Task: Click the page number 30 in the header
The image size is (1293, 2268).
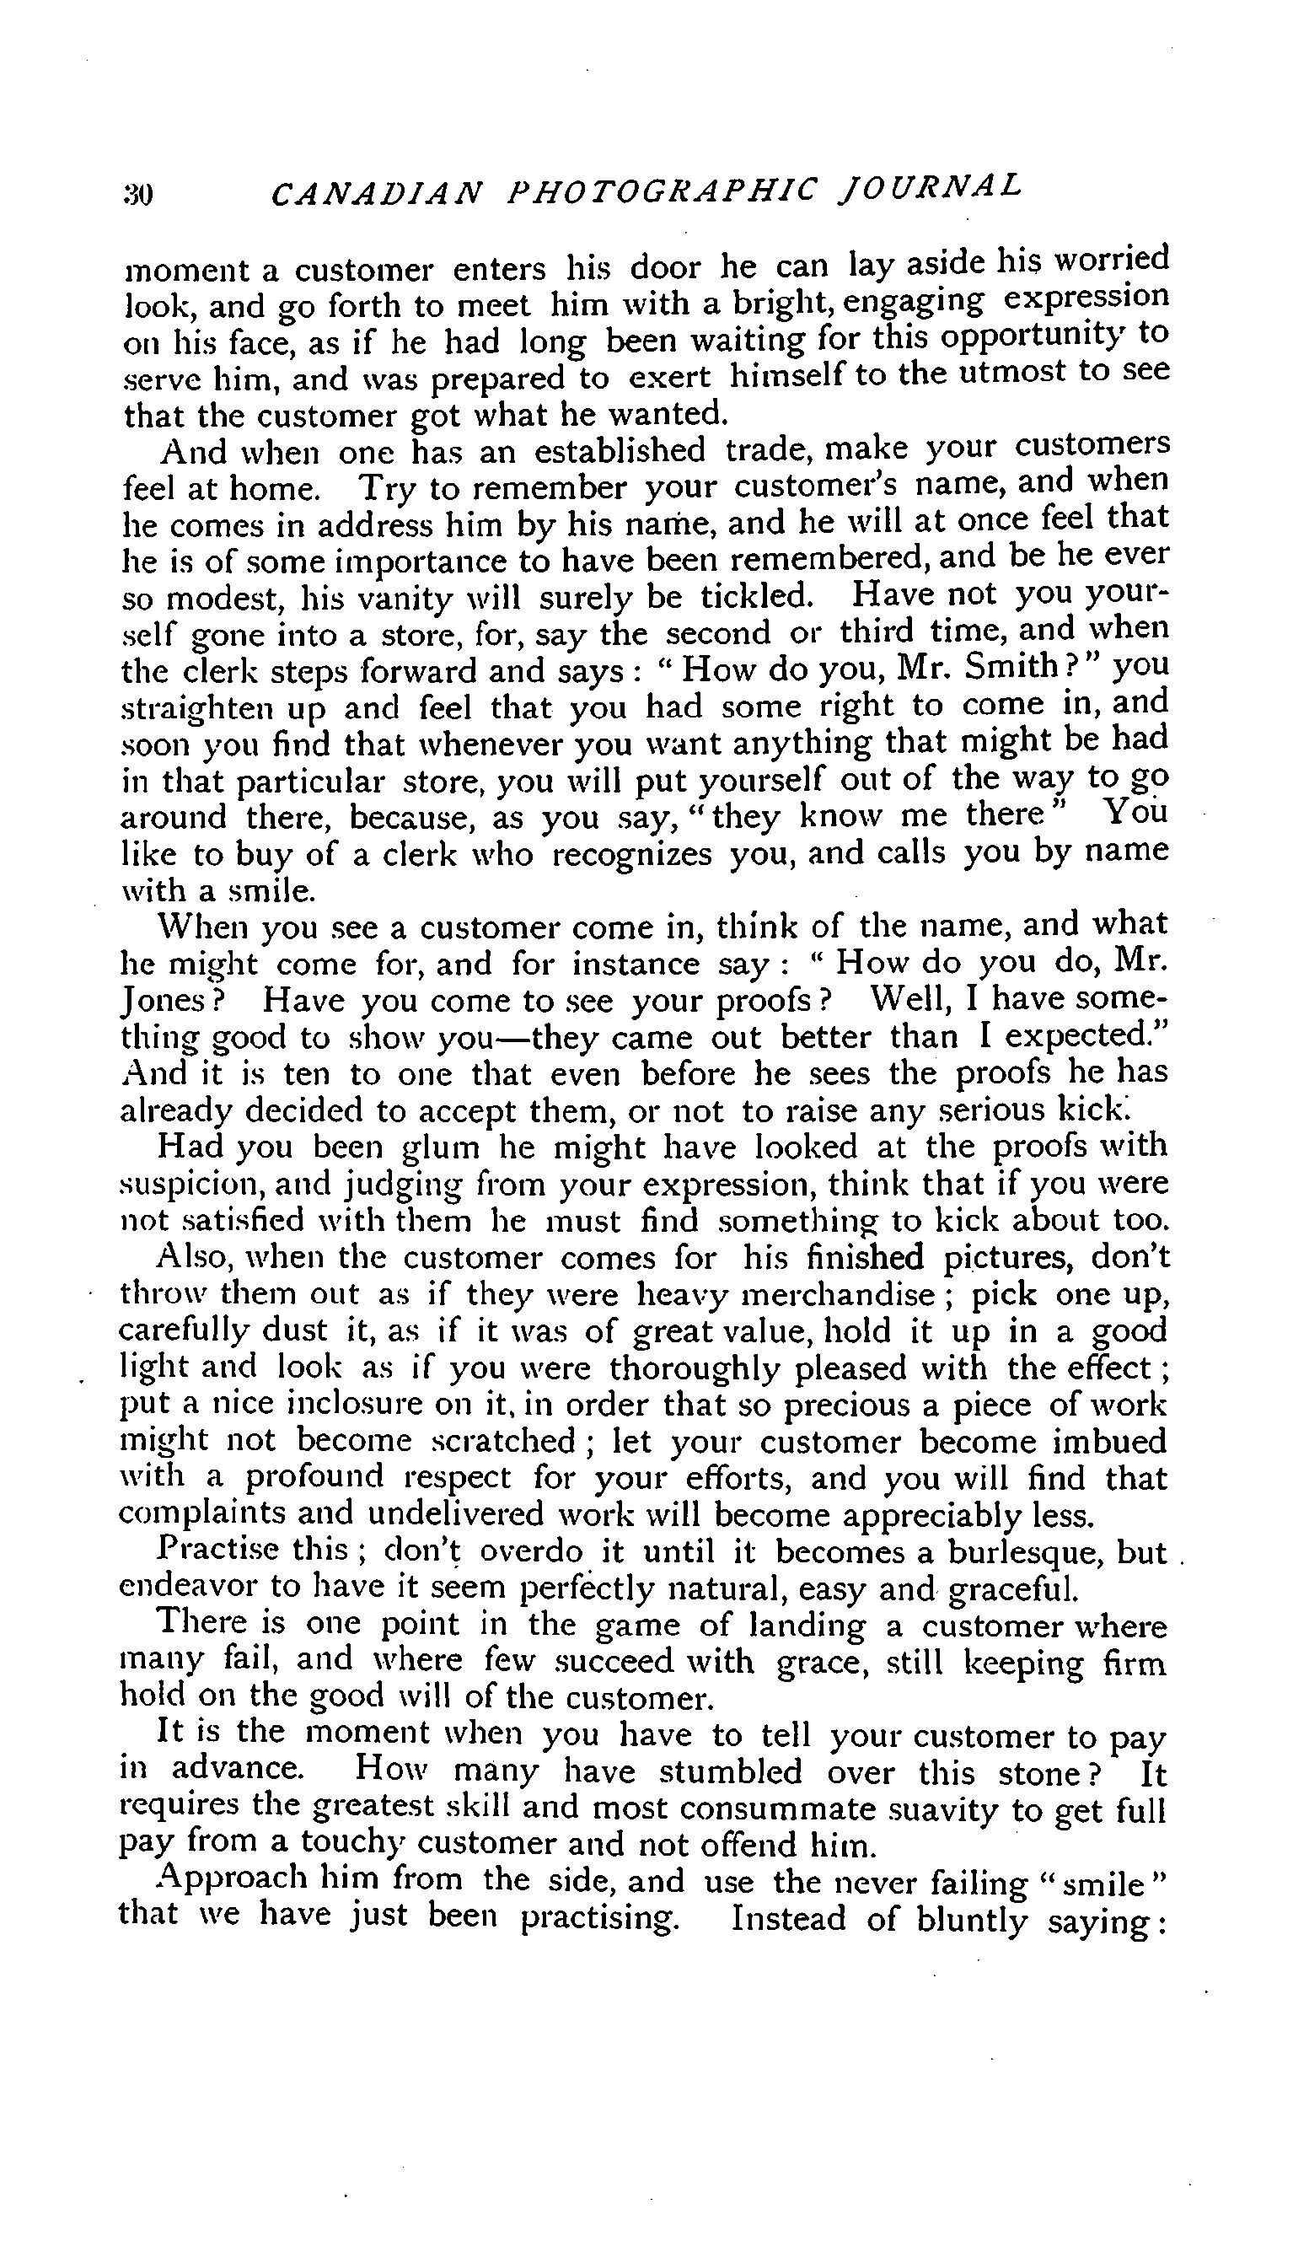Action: coord(138,195)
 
